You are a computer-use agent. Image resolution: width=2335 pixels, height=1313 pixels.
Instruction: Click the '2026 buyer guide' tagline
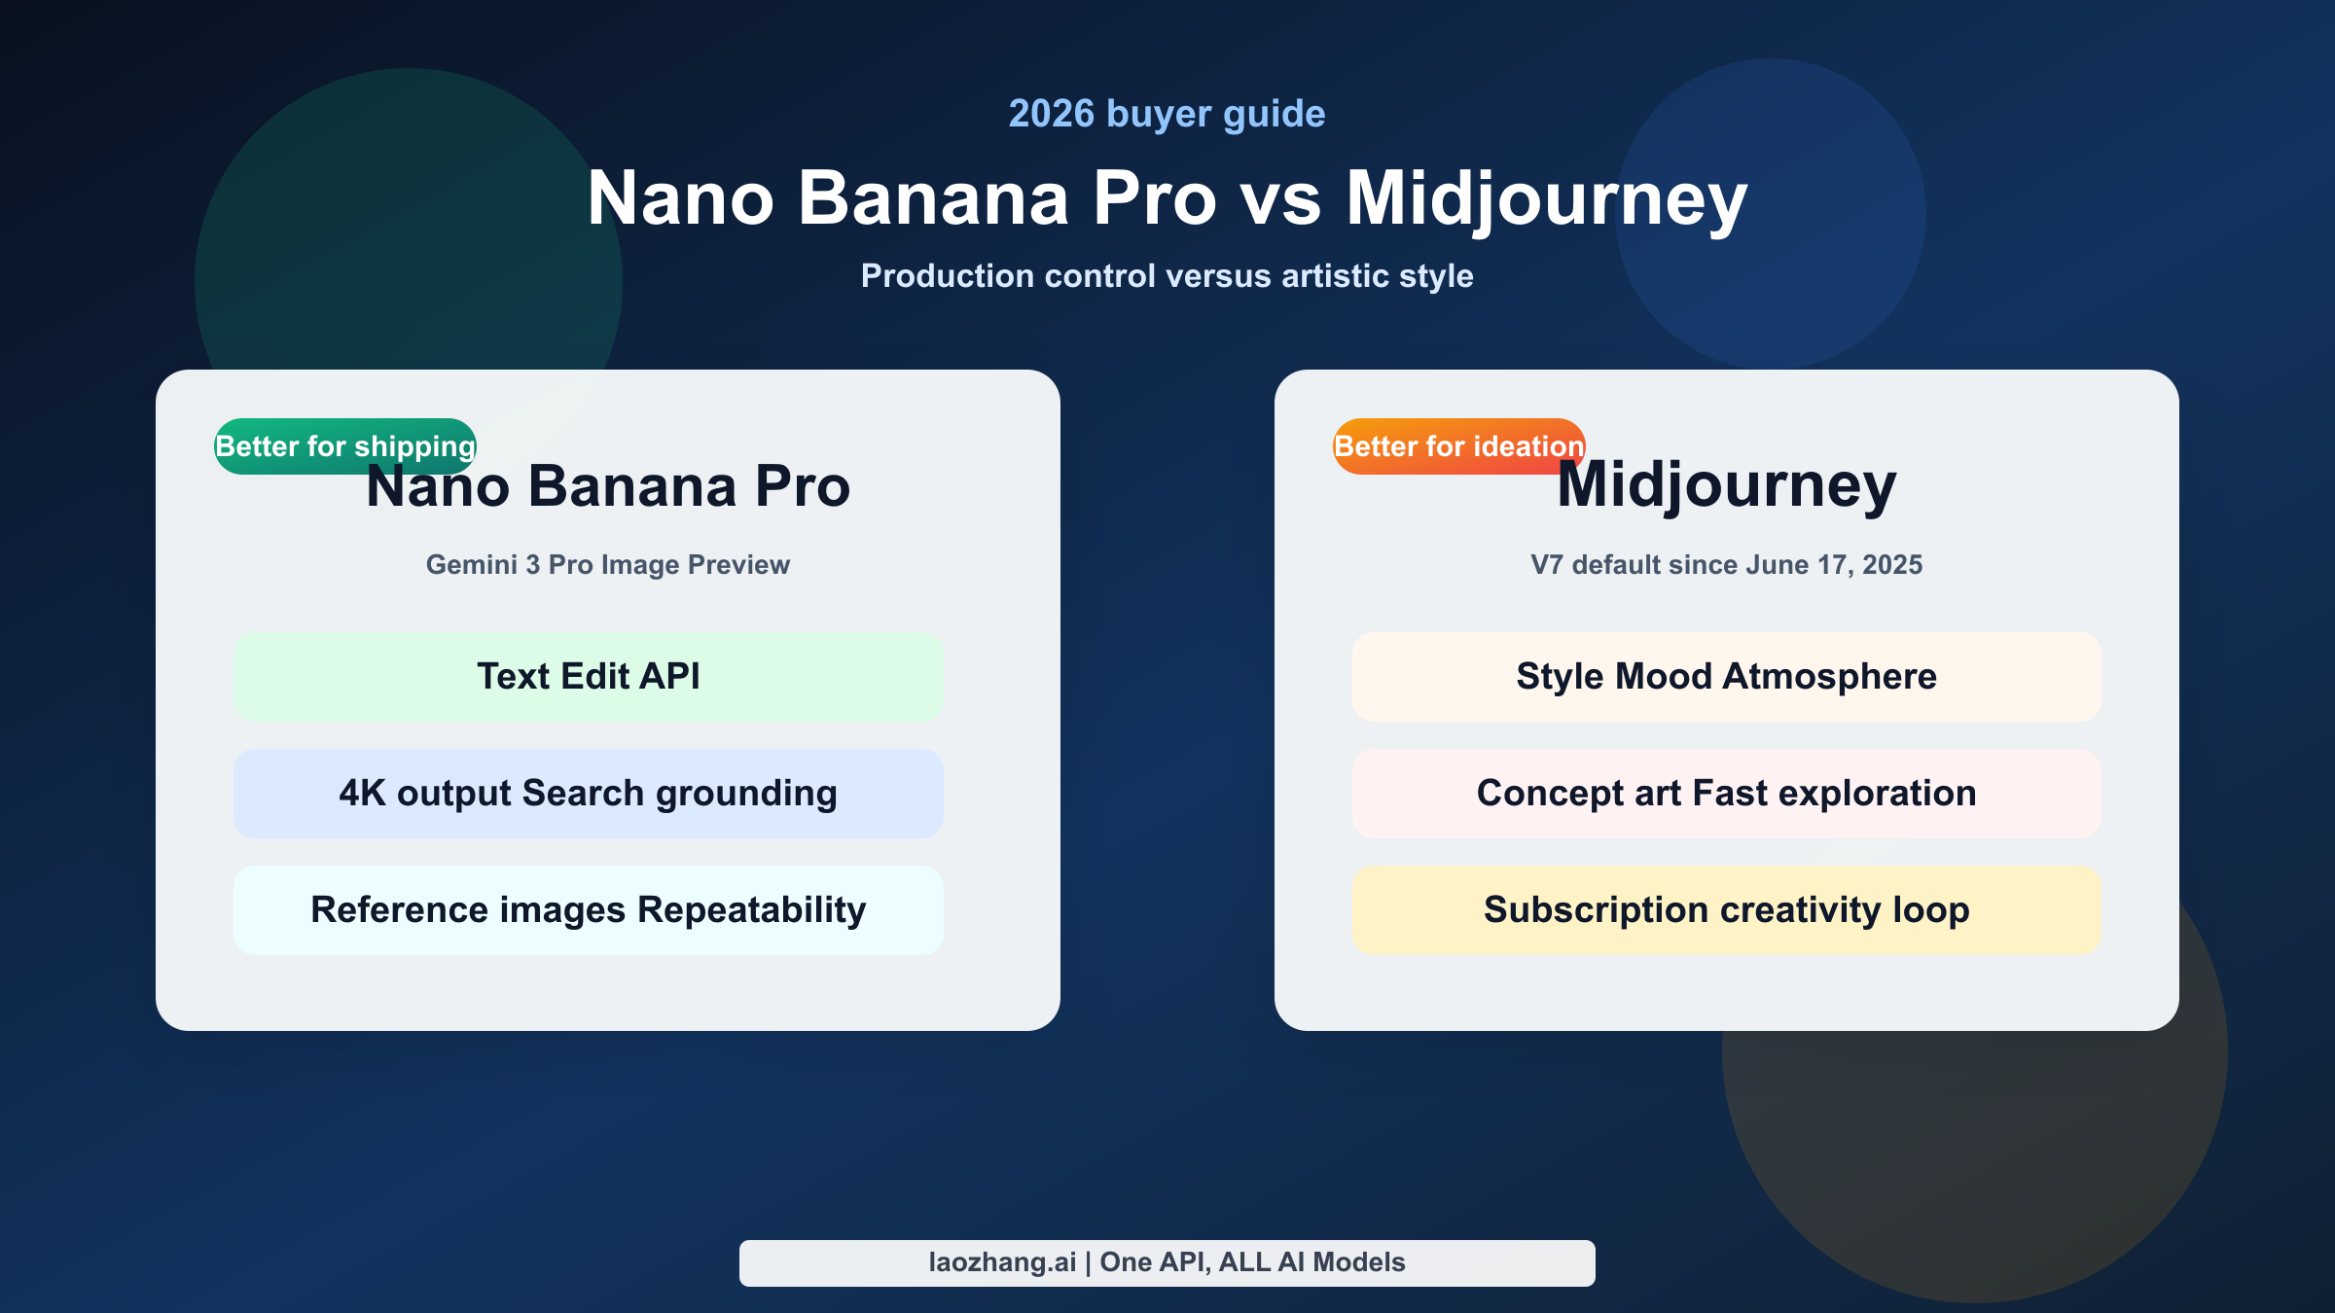[1167, 114]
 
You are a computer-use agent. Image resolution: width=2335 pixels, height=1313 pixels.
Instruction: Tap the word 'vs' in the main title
[1280, 199]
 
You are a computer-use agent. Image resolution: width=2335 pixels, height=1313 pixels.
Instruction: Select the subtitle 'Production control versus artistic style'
[1167, 276]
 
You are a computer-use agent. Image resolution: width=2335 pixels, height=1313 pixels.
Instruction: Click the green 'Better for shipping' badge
[345, 445]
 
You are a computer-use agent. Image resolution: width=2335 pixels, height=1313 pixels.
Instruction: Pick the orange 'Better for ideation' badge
[1458, 445]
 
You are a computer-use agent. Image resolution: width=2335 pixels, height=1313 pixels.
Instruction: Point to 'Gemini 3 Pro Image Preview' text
[608, 565]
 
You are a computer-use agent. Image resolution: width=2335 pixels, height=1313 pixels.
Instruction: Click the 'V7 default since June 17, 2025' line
[1726, 565]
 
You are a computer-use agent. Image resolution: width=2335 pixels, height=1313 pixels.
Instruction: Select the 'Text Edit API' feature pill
[588, 677]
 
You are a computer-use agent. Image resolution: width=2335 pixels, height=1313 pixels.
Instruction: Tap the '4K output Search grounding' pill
[588, 794]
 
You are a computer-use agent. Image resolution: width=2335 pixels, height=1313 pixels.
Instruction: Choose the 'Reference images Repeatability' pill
[588, 910]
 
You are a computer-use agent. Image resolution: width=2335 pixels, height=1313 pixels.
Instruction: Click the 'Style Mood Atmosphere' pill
[1726, 677]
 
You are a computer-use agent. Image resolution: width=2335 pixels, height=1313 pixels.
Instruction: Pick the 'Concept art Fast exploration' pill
[1726, 794]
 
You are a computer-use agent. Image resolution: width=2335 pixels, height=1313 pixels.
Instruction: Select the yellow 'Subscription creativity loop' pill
[1726, 910]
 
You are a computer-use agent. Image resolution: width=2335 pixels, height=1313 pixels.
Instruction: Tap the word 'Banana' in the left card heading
[632, 486]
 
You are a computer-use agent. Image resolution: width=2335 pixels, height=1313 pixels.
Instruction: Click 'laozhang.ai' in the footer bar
[1002, 1262]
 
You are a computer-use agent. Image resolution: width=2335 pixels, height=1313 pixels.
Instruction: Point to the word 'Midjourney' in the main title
[1547, 199]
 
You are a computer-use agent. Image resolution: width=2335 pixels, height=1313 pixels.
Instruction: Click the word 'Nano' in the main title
[681, 199]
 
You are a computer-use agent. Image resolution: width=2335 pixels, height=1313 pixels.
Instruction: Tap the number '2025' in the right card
[1891, 565]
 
